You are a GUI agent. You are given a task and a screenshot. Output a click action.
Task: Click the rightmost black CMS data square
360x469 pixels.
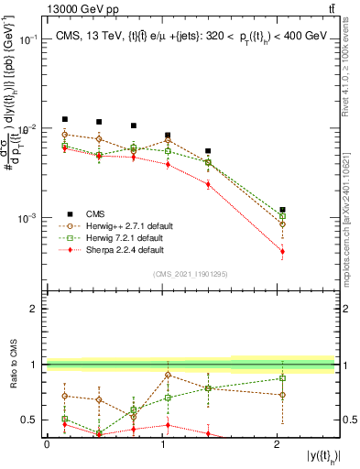pos(282,210)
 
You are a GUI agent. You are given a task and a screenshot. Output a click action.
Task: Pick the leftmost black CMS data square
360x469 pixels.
pos(64,119)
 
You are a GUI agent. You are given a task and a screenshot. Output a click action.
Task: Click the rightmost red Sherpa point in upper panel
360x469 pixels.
pos(282,251)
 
